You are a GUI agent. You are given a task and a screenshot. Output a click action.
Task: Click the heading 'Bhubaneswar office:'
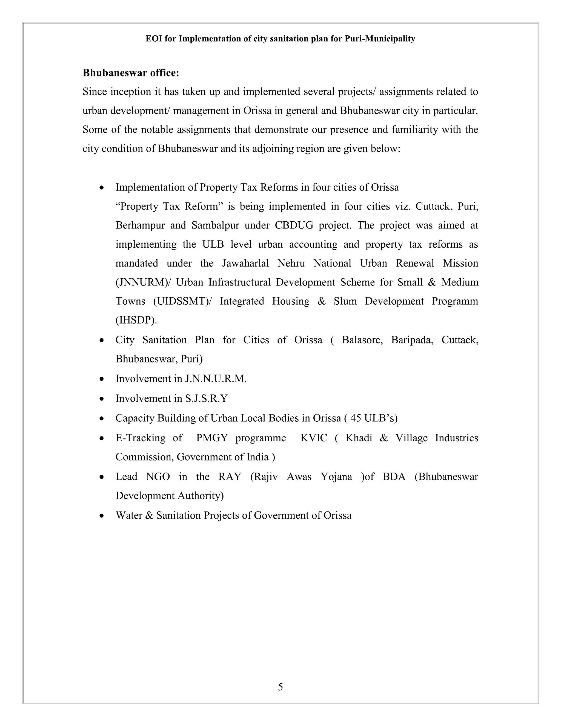point(131,73)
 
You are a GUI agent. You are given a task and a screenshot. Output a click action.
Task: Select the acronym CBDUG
point(294,225)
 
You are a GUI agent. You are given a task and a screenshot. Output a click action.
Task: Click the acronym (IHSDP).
point(136,320)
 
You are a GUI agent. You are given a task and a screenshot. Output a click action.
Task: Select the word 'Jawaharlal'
point(245,263)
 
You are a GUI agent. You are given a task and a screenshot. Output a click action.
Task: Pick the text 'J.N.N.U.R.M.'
point(216,379)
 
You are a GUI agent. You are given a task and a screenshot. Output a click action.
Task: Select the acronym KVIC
point(314,438)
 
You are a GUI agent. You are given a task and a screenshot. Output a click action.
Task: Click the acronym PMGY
point(212,438)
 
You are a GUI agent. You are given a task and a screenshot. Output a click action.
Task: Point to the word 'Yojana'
point(336,477)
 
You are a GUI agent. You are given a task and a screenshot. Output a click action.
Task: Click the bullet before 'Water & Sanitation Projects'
point(102,516)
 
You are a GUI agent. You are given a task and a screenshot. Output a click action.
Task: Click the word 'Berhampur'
point(140,225)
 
